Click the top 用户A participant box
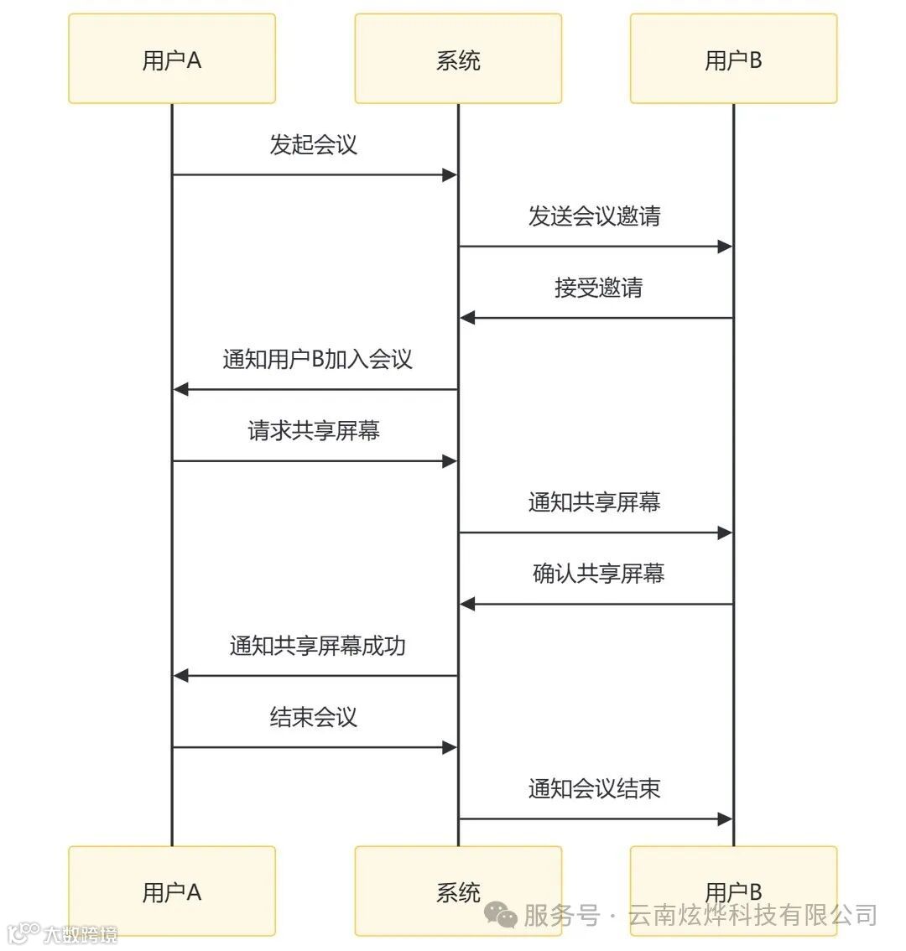(172, 59)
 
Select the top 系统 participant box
(458, 59)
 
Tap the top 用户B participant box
(733, 59)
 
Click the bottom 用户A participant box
(172, 891)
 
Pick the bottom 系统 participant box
(458, 891)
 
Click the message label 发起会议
(313, 144)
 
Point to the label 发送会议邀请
(594, 216)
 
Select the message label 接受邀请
(598, 288)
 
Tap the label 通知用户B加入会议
(317, 359)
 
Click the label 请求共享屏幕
(313, 431)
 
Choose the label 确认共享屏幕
(598, 574)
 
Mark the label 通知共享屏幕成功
(317, 646)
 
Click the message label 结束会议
(313, 717)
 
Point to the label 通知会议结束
(594, 788)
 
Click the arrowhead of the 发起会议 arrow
(450, 175)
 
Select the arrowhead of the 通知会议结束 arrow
(725, 819)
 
